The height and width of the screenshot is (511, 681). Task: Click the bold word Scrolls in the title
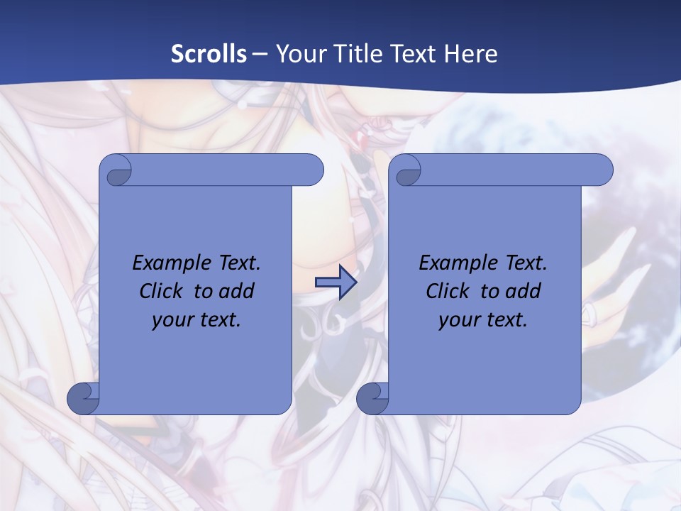(x=209, y=54)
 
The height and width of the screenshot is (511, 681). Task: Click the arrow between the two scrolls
(x=336, y=282)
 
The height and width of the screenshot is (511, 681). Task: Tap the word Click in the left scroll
(x=160, y=291)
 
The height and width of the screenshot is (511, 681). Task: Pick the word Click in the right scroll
(x=447, y=291)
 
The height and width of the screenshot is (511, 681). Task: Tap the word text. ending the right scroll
(x=504, y=320)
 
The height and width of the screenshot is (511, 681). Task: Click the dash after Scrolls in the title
(x=260, y=54)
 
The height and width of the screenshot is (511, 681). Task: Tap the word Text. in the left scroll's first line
(x=236, y=263)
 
